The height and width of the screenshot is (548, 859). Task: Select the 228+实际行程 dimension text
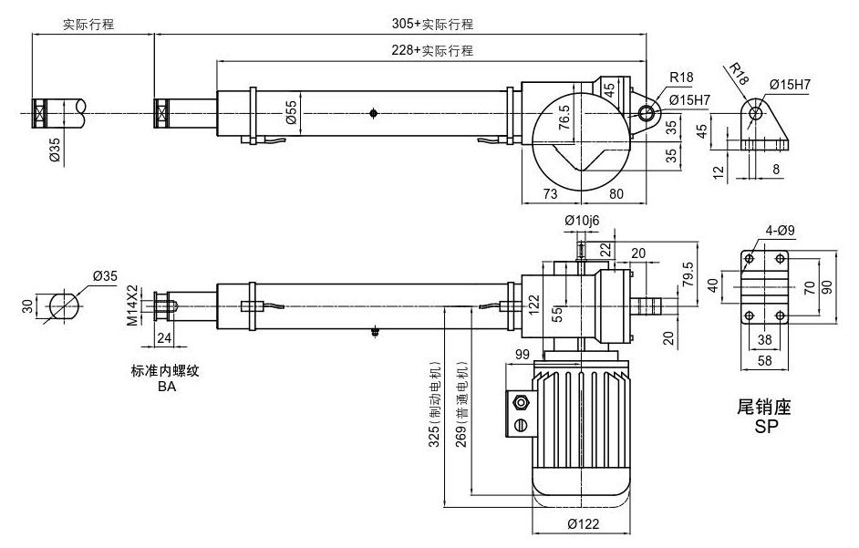432,51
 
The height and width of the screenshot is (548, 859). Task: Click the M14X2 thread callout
132,305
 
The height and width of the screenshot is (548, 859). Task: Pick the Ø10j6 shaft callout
581,220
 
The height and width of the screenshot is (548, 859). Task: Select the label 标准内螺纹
166,372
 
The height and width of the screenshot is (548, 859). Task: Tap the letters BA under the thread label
166,387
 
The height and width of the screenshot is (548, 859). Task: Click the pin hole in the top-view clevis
647,114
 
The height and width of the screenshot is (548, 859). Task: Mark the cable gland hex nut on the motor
522,401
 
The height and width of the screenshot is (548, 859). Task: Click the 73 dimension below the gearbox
550,193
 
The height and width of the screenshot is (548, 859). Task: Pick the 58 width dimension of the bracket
764,362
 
